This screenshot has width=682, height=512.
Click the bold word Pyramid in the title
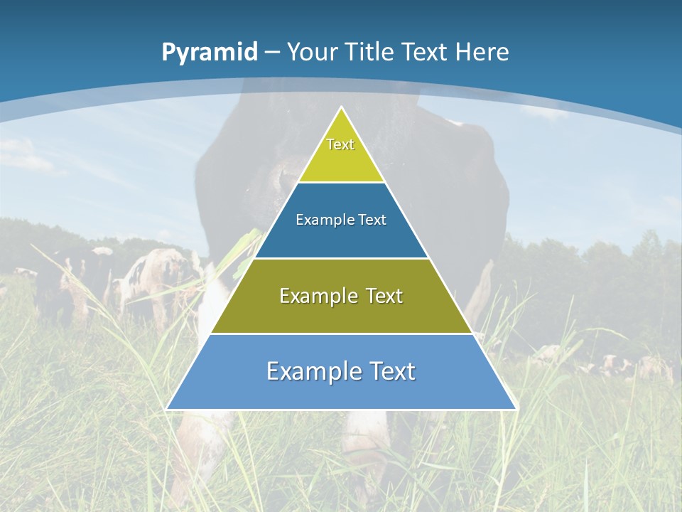pyautogui.click(x=210, y=53)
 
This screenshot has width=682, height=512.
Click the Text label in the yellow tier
pyautogui.click(x=340, y=144)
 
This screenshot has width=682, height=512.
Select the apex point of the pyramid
pyautogui.click(x=342, y=107)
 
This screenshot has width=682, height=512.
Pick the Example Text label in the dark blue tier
pyautogui.click(x=341, y=220)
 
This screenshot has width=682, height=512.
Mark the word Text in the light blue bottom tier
pyautogui.click(x=391, y=371)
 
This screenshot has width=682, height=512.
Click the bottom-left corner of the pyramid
pyautogui.click(x=167, y=409)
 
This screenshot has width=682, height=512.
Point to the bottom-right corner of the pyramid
pyautogui.click(x=516, y=409)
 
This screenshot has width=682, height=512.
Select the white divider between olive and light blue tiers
pyautogui.click(x=341, y=334)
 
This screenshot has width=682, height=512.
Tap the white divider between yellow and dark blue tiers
pyautogui.click(x=341, y=182)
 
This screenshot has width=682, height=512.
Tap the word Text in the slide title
pyautogui.click(x=426, y=52)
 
